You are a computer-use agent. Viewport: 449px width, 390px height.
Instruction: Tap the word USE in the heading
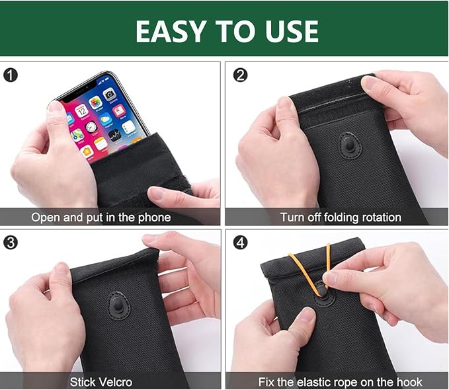coord(292,31)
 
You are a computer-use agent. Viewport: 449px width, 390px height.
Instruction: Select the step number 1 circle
coord(11,75)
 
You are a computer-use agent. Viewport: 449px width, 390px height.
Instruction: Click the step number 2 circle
coord(240,75)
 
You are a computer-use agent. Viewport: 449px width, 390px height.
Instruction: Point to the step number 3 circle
coord(11,243)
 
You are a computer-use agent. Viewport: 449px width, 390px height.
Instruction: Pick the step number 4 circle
coord(240,243)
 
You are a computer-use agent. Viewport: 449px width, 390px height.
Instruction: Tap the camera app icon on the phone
coord(109,95)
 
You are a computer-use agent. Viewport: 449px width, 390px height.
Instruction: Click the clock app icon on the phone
coord(91,127)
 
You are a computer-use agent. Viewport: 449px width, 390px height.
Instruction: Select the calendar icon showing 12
coord(81,110)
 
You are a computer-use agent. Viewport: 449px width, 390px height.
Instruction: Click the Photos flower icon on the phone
coord(95,102)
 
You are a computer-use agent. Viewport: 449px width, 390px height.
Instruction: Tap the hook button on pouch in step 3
coord(118,305)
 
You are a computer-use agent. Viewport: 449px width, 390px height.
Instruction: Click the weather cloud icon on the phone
coord(106,118)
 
